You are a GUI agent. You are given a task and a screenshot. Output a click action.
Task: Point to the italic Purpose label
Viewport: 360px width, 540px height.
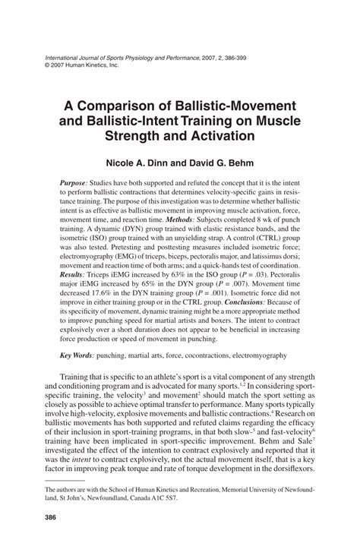[74, 184]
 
